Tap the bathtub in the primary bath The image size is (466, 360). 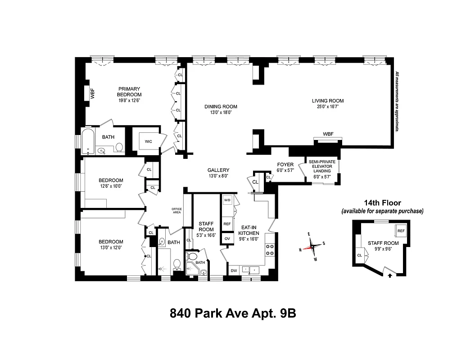88,141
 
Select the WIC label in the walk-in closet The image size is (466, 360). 149,141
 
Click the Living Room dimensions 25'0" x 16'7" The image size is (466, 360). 328,107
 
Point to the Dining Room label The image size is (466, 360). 221,107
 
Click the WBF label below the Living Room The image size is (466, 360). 328,134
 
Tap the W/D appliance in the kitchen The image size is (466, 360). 227,200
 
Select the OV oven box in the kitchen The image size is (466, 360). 227,238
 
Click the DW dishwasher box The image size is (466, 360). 234,270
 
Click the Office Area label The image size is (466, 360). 176,211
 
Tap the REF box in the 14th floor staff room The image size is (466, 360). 401,231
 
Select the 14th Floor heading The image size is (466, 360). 382,203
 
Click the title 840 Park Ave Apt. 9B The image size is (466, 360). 232,313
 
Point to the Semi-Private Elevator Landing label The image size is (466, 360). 322,166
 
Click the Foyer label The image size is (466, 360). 285,165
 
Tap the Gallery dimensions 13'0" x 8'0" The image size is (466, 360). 218,176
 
